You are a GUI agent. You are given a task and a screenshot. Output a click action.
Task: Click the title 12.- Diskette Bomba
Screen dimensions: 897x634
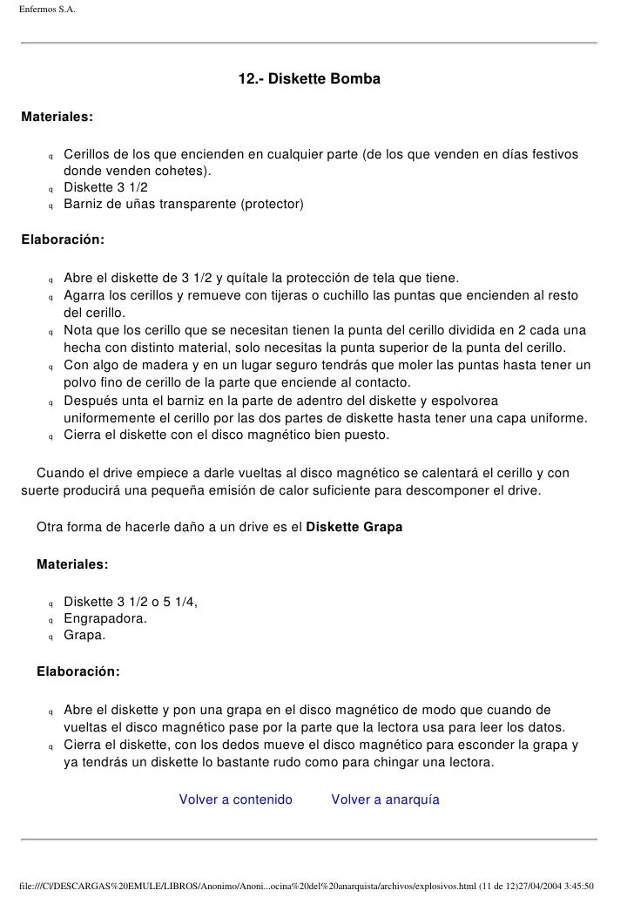pos(309,79)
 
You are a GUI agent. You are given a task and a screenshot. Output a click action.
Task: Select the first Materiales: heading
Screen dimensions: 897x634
pos(57,117)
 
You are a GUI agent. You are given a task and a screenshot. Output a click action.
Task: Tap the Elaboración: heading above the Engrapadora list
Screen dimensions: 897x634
pos(78,672)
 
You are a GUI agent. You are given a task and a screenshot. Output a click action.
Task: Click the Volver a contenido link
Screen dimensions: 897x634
pos(235,799)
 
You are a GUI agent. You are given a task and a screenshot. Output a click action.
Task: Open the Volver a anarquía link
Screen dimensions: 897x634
pos(385,799)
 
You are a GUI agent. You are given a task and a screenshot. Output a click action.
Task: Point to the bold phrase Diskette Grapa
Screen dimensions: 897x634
pos(354,528)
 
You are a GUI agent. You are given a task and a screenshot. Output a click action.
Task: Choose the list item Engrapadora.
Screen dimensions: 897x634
pos(105,618)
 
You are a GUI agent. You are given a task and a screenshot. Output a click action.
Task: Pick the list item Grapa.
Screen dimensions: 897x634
pos(84,635)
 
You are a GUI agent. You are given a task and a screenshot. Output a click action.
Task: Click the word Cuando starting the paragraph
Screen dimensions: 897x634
pos(60,473)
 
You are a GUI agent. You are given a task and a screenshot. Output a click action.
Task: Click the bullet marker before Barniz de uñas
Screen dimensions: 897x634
pos(51,206)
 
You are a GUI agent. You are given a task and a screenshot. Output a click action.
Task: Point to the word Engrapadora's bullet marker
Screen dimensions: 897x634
pos(51,620)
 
